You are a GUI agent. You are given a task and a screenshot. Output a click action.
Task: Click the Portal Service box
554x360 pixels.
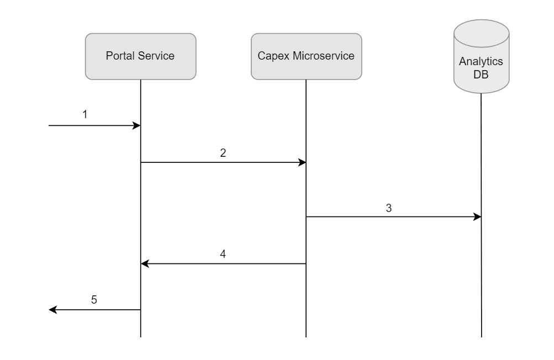tap(140, 56)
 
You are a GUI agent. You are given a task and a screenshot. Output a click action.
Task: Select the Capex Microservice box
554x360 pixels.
tap(306, 56)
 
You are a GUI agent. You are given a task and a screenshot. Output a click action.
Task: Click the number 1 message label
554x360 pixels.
tap(85, 115)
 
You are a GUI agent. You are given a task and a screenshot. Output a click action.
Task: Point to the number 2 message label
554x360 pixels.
tap(223, 153)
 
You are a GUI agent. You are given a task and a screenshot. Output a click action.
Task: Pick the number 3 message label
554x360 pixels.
tap(389, 208)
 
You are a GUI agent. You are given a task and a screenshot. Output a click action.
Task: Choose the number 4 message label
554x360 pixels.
tap(223, 255)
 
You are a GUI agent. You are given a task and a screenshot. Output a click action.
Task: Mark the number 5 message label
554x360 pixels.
tap(94, 300)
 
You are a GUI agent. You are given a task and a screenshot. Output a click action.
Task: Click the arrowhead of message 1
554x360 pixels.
tap(138, 126)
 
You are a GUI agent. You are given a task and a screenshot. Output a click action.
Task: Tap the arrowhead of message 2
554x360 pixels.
tap(303, 162)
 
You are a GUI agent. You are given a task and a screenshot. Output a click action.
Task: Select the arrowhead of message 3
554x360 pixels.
tap(478, 217)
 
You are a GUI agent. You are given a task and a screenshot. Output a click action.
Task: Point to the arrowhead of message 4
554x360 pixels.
tap(144, 264)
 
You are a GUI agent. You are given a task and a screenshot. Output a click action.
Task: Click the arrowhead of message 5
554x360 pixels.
tap(52, 310)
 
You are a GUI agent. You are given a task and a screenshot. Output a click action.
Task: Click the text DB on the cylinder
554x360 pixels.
tap(481, 74)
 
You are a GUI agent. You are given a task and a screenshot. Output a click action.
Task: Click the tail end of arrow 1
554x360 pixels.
tap(50, 126)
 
